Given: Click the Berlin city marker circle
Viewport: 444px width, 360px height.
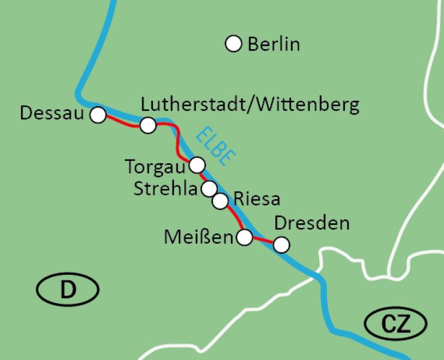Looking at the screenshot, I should [233, 44].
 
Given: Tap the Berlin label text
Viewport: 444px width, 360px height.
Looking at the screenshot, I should [273, 44].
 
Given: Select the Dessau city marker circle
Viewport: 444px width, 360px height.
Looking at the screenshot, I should [98, 115].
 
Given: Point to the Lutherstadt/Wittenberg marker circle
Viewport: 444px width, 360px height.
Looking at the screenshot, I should [148, 125].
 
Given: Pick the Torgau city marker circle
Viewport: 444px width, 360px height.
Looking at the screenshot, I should [197, 164].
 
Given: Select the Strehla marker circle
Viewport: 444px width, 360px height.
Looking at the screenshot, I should [209, 189].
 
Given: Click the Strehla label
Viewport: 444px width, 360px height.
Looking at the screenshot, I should [166, 190].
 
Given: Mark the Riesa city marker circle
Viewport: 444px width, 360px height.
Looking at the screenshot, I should [221, 201].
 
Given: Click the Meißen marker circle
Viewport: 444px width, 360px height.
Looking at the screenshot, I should [245, 238].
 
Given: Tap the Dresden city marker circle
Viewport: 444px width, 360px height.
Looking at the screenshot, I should [281, 245].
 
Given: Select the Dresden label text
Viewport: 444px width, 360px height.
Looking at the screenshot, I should [311, 224].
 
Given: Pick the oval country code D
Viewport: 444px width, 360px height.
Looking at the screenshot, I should [68, 291].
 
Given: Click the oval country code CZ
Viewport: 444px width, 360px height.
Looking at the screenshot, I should [395, 325].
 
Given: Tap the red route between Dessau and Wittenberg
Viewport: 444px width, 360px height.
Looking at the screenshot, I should [123, 122].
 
